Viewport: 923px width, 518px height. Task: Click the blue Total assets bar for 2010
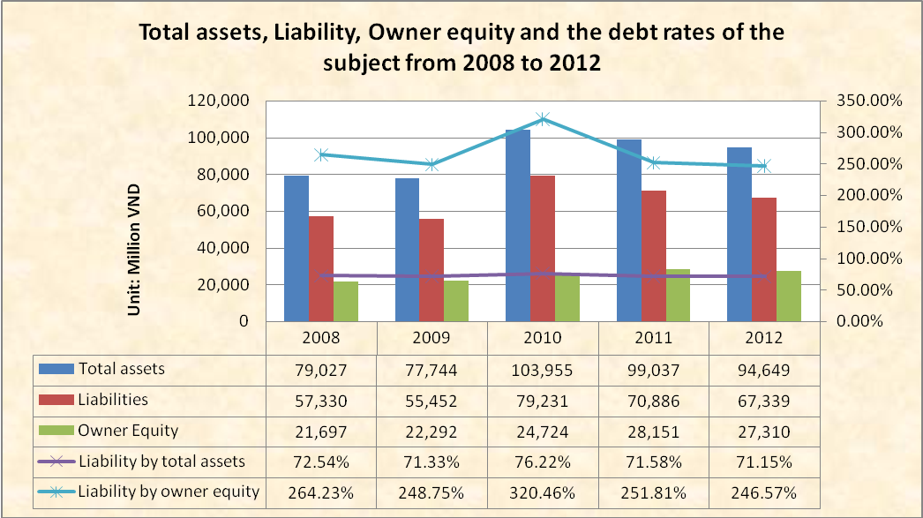(518, 225)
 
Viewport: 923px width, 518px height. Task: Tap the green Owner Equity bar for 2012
(789, 296)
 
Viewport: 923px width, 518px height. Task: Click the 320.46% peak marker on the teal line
(543, 119)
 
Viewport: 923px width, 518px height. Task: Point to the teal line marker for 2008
(322, 154)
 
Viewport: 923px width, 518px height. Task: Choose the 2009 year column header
(431, 337)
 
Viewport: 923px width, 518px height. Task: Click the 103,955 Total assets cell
(543, 369)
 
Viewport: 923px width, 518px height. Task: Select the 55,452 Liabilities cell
(431, 400)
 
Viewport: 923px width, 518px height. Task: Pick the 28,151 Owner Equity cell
(654, 431)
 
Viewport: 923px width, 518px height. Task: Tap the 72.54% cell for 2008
(322, 462)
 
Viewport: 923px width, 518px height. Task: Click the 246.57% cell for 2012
(765, 492)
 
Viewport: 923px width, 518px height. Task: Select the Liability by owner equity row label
(169, 492)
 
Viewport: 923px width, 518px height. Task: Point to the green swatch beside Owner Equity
(57, 431)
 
